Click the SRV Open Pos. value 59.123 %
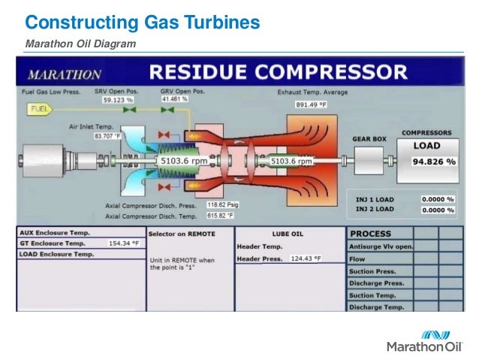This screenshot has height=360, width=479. click(x=119, y=99)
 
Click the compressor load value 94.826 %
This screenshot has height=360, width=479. click(x=434, y=161)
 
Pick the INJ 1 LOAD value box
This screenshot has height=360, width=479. click(x=438, y=199)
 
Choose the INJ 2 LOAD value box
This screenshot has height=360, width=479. click(x=438, y=210)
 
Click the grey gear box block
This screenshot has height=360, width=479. click(x=369, y=160)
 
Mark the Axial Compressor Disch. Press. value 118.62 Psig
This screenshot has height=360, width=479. click(x=223, y=204)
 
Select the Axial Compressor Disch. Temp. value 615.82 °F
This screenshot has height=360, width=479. click(x=221, y=215)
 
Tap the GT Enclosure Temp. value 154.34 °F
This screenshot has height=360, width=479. click(x=124, y=244)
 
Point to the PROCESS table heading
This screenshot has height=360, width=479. click(x=371, y=234)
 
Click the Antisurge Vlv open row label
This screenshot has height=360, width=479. click(x=381, y=247)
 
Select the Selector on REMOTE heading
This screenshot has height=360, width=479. click(x=182, y=234)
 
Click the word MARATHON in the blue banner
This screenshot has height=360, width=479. click(x=65, y=74)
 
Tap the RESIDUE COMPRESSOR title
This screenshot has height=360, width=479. click(x=278, y=74)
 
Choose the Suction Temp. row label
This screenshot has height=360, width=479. click(x=373, y=295)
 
